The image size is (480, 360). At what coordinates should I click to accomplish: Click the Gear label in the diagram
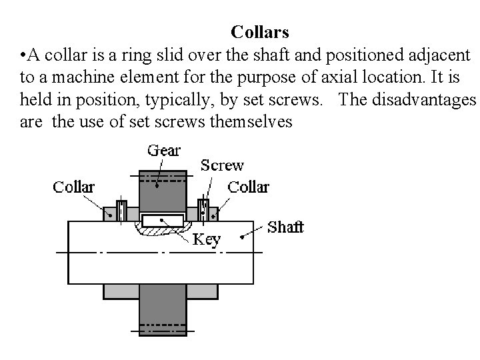pyautogui.click(x=163, y=150)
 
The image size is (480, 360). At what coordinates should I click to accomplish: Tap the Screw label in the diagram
pyautogui.click(x=222, y=165)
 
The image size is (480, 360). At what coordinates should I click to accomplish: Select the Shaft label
pyautogui.click(x=285, y=227)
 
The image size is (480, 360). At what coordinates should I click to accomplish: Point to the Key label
pyautogui.click(x=206, y=240)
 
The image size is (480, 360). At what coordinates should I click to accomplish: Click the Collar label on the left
pyautogui.click(x=73, y=187)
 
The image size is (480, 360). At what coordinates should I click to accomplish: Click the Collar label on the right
pyautogui.click(x=248, y=187)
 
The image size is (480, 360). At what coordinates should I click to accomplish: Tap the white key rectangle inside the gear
pyautogui.click(x=163, y=221)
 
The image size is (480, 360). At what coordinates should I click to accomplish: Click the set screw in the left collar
pyautogui.click(x=122, y=209)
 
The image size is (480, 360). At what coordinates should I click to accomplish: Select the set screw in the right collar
pyautogui.click(x=204, y=209)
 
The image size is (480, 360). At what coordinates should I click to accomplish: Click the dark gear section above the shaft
pyautogui.click(x=163, y=193)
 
